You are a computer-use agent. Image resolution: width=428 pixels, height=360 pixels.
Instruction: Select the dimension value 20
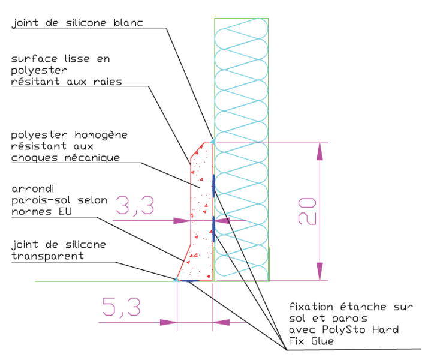[x=307, y=212]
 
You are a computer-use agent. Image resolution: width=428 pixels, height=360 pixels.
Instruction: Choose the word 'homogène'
[x=99, y=135]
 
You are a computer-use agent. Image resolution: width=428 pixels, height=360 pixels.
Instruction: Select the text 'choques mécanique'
[x=65, y=158]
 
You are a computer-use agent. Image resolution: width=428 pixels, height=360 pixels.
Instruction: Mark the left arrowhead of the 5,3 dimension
[x=168, y=322]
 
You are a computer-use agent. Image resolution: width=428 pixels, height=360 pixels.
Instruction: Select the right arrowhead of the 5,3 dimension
[x=222, y=322]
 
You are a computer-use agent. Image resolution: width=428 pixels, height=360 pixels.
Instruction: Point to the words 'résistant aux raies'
[x=66, y=82]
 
